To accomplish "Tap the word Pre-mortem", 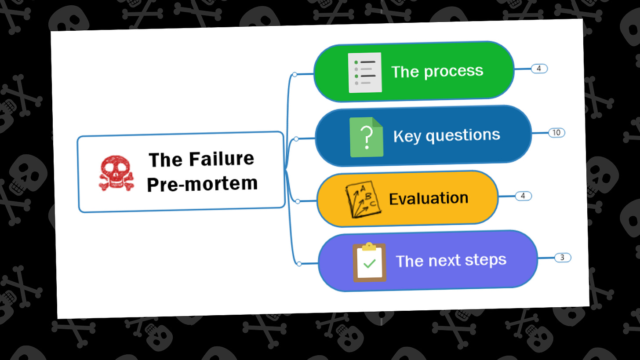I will tap(202, 183).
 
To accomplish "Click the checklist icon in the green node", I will tap(365, 73).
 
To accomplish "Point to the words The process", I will tap(437, 71).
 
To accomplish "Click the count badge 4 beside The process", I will tap(539, 68).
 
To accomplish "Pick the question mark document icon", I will tap(367, 137).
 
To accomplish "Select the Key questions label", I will tap(446, 135).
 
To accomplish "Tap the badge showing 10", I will tap(556, 132).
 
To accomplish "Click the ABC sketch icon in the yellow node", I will tap(362, 200).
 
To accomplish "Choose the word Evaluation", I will tap(429, 198).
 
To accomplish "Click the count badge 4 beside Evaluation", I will tap(523, 196).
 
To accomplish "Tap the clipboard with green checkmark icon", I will tap(369, 262).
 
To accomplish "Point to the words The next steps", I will tap(451, 260).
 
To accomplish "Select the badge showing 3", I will tap(563, 258).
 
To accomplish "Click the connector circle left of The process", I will tap(295, 74).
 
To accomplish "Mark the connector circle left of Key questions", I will tap(296, 139).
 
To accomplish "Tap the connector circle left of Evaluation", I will tap(298, 201).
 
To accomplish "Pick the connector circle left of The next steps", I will tap(299, 264).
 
